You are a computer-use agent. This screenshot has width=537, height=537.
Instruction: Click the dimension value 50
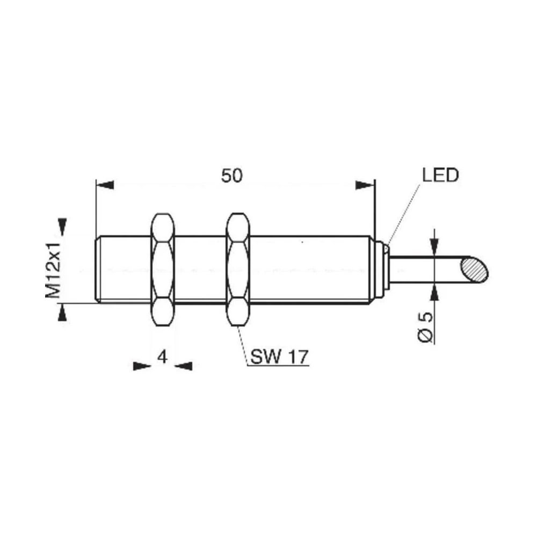click(x=232, y=176)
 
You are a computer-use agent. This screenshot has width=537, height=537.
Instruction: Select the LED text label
click(x=439, y=176)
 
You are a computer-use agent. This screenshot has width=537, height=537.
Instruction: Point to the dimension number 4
click(x=162, y=356)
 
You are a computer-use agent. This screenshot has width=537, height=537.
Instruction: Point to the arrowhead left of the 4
click(x=141, y=366)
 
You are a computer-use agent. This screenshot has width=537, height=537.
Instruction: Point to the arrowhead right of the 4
click(x=184, y=366)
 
